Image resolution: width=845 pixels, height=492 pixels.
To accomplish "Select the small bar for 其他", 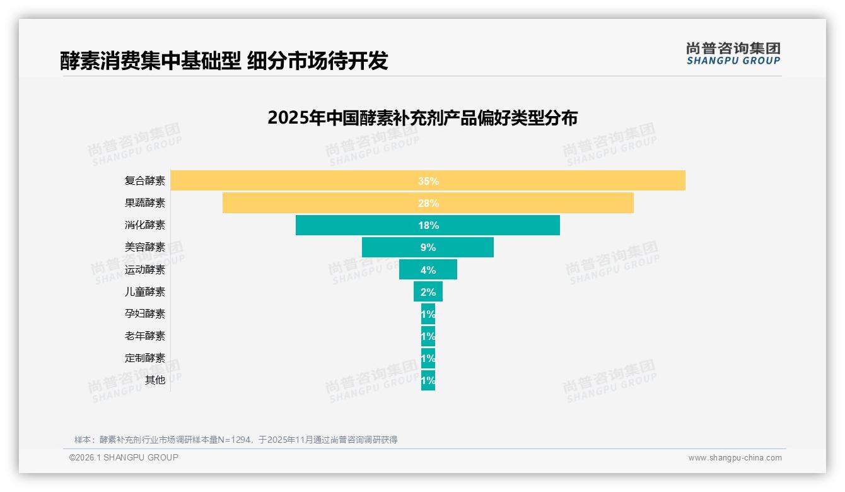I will [428, 380].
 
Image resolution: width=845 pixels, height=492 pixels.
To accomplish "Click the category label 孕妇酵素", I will [145, 313].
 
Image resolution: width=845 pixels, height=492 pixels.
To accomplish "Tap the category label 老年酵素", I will [145, 336].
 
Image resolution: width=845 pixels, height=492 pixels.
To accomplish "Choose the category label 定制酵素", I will [145, 358].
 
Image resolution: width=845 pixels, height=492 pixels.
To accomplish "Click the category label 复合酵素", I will [145, 181].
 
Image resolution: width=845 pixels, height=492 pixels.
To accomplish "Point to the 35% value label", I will [428, 181].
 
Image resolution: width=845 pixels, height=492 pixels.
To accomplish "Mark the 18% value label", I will [428, 225].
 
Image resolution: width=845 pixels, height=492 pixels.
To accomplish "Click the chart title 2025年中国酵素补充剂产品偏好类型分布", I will [422, 118].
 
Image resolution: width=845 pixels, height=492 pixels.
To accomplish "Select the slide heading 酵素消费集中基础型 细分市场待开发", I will [224, 61].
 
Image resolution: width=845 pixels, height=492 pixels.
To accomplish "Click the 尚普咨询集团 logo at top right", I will [733, 53].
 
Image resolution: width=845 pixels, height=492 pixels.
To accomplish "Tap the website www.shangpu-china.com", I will [735, 458].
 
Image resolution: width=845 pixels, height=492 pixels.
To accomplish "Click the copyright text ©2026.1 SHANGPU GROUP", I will [124, 457].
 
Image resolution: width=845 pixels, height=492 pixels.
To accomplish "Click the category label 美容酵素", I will [145, 247].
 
